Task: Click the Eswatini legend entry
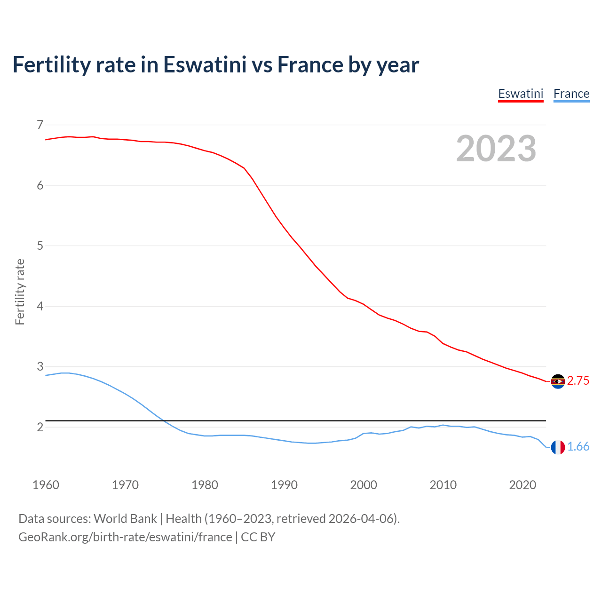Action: [x=521, y=94]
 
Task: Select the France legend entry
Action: [x=571, y=94]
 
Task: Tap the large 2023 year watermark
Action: [x=496, y=149]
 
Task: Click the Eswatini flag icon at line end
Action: [x=558, y=381]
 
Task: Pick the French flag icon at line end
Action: [x=558, y=447]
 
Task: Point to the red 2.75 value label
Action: [x=578, y=381]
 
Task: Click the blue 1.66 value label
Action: [x=578, y=447]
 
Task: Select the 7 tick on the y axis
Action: [x=40, y=125]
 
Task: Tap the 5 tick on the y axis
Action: [x=40, y=246]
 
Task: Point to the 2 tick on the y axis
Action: [x=40, y=427]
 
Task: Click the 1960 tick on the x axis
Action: [x=46, y=485]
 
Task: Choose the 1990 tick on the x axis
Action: [x=284, y=485]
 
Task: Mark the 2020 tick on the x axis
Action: [x=523, y=485]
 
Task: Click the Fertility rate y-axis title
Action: [x=20, y=292]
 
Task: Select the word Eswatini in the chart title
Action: [x=205, y=64]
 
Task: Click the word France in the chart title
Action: [x=309, y=64]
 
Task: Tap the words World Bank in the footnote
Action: [x=125, y=519]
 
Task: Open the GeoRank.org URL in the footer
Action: [x=125, y=537]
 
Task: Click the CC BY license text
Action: [x=258, y=537]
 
